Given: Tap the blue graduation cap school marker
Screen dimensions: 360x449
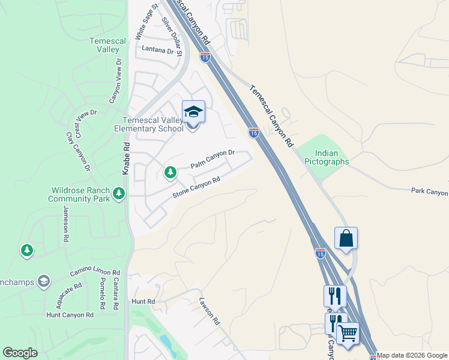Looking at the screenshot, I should pyautogui.click(x=193, y=112).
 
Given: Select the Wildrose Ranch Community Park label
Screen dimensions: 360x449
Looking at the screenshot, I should pyautogui.click(x=79, y=194).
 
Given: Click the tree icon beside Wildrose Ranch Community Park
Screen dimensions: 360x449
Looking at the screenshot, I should pyautogui.click(x=119, y=193).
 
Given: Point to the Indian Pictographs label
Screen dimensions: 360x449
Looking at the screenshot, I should pyautogui.click(x=327, y=157).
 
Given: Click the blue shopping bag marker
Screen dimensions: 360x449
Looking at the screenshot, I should pyautogui.click(x=346, y=238).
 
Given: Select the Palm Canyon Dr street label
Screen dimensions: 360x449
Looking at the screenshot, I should pyautogui.click(x=212, y=160).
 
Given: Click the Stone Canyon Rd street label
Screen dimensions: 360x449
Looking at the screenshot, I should pyautogui.click(x=197, y=187).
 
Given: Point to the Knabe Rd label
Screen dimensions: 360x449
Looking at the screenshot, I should pyautogui.click(x=127, y=158).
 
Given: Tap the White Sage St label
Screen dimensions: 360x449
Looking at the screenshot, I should pyautogui.click(x=146, y=22).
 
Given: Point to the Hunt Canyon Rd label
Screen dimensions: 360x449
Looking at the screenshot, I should pyautogui.click(x=70, y=314).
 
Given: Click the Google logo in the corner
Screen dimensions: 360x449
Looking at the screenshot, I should pyautogui.click(x=20, y=353).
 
